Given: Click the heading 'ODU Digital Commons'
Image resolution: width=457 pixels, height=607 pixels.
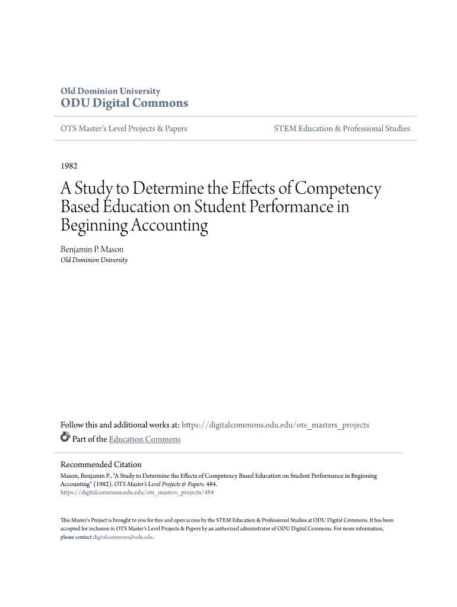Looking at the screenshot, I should [124, 104].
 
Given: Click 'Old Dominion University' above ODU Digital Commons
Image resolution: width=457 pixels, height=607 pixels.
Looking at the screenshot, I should [110, 91].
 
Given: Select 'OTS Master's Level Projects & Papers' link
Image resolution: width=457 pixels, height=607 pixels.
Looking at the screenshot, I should [123, 129].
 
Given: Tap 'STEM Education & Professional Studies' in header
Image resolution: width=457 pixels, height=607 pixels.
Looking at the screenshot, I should [341, 129].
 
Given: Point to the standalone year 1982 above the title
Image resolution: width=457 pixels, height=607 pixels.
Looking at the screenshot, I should [69, 166].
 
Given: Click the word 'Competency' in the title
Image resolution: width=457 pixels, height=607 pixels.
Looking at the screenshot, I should [338, 189].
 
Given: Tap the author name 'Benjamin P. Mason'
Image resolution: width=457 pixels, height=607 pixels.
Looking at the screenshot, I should [92, 250].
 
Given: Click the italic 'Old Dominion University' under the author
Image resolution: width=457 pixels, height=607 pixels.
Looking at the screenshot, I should [94, 260].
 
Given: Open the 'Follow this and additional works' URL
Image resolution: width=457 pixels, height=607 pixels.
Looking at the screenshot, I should [275, 425].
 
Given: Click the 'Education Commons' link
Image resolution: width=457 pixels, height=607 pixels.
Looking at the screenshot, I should [145, 439].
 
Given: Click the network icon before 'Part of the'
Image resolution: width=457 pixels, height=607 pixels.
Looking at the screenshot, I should [65, 438].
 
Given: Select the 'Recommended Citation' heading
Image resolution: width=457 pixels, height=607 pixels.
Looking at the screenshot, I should [101, 465].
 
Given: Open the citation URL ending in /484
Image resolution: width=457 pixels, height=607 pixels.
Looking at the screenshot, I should [137, 492].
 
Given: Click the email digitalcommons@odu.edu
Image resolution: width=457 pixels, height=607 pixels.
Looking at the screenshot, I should [123, 537].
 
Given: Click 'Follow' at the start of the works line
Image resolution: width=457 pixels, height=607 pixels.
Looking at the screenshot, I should [72, 425].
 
